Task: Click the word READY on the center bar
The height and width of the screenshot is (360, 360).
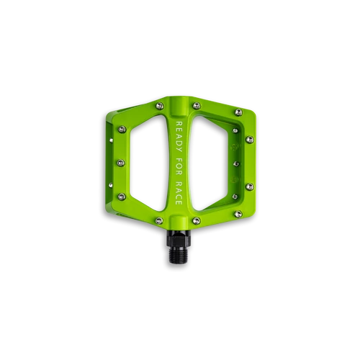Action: click(179, 137)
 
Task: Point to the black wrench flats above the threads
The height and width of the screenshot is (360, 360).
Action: click(179, 239)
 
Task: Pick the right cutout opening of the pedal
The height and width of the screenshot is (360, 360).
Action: click(210, 163)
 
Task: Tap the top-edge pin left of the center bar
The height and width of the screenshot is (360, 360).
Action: click(160, 106)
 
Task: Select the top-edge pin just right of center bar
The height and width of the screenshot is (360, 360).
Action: click(197, 105)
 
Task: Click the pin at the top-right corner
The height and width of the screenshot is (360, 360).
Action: click(238, 112)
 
